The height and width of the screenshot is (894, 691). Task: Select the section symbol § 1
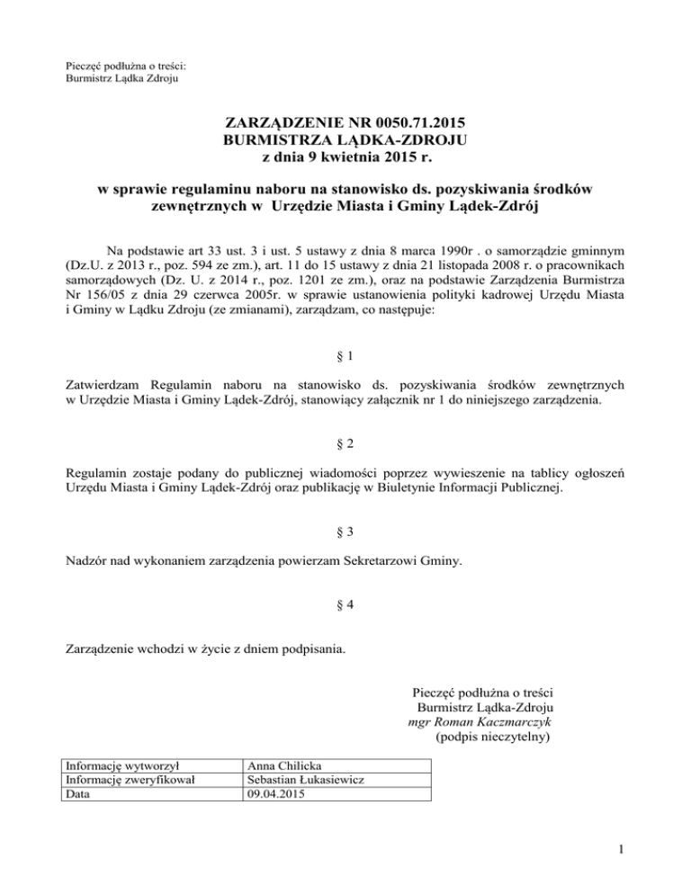345,355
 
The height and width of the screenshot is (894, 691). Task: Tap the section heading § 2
345,443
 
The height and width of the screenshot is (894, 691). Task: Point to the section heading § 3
345,532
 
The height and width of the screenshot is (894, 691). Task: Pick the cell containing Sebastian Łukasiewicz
304,781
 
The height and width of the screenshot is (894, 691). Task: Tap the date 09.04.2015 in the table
277,794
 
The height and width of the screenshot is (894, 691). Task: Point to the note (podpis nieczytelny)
491,736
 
